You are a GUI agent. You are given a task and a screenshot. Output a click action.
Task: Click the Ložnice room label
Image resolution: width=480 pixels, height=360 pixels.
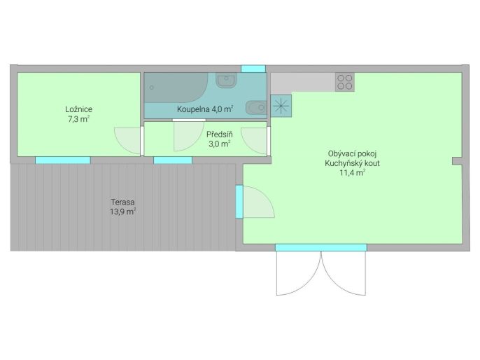pos(78,109)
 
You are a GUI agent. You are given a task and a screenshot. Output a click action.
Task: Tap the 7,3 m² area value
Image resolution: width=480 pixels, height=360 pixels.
pos(78,119)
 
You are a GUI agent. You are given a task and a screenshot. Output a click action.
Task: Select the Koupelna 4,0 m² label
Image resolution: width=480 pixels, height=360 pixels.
pos(205,109)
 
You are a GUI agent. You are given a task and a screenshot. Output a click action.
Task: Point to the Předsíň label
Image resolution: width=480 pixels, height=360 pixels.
pos(220,134)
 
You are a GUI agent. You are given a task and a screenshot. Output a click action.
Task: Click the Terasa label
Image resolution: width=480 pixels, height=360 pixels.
pos(122,202)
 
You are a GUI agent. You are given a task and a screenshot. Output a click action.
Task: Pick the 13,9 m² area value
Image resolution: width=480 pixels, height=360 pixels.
pos(122,212)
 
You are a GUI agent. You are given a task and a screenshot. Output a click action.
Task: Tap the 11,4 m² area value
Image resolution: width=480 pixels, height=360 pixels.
pos(353,173)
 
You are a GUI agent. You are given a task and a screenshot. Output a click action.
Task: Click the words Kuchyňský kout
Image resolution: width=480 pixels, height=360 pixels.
pos(353,163)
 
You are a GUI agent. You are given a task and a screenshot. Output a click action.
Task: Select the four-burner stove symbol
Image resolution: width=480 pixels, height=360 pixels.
pos(345,82)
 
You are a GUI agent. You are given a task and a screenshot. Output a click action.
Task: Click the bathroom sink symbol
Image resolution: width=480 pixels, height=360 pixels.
pos(226,80)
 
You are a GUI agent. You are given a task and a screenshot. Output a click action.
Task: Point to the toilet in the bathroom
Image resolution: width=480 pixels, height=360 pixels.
pos(256,108)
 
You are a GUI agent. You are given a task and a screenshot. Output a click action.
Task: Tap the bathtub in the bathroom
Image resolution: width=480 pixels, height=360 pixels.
pos(176,88)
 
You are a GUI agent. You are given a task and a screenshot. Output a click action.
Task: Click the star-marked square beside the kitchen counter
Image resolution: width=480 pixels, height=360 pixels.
pos(281,106)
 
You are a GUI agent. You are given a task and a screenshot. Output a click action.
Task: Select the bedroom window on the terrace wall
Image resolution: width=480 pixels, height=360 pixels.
pos(63,160)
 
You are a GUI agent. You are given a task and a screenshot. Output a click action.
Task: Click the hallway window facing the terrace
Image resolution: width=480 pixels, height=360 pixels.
pos(173,160)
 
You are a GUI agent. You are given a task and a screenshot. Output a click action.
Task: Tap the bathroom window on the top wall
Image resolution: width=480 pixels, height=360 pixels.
pos(253,69)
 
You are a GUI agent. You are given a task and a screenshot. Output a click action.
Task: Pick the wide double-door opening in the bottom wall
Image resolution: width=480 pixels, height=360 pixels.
pos(321,247)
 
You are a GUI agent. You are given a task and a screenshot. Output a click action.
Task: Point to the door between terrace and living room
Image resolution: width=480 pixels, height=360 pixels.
pos(239,202)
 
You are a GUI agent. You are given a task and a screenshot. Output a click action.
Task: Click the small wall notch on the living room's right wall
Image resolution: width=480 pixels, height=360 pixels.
pos(457,161)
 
